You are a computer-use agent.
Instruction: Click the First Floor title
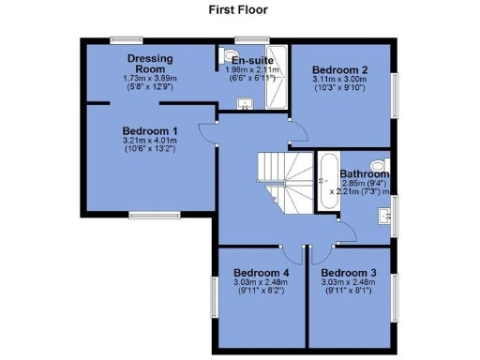(238, 10)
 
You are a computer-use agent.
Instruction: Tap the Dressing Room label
(150, 63)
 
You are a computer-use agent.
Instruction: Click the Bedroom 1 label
(150, 131)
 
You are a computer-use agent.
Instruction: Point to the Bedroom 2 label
(339, 69)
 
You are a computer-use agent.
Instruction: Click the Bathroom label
(364, 173)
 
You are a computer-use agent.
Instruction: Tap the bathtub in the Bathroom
(328, 180)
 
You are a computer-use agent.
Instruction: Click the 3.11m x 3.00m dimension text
(339, 80)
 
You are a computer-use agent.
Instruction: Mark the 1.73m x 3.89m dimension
(150, 79)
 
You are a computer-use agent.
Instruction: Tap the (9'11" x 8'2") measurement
(260, 292)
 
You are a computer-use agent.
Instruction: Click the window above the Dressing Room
(125, 39)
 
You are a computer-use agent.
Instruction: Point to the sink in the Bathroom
(385, 217)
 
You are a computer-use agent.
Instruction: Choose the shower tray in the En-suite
(277, 77)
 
